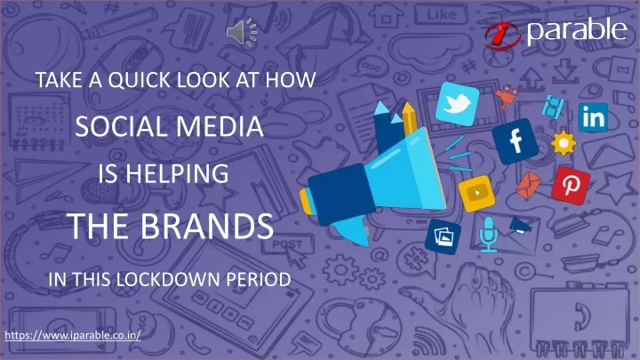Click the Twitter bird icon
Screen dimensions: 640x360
[x=457, y=104]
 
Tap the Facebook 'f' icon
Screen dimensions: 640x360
[x=515, y=141]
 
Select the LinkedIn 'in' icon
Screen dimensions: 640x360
[x=593, y=117]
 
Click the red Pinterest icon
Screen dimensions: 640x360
[x=571, y=185]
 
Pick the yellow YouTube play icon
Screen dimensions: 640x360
[x=476, y=194]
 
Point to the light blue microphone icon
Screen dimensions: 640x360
[x=488, y=235]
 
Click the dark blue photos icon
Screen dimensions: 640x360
[x=443, y=236]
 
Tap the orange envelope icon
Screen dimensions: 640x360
[x=528, y=185]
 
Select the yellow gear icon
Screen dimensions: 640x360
[x=564, y=143]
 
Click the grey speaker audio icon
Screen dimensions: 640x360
[x=242, y=32]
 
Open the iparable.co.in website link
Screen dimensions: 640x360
[x=73, y=335]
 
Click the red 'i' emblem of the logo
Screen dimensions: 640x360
[x=502, y=36]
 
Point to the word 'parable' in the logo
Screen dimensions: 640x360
[x=577, y=31]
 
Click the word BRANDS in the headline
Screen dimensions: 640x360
[x=207, y=226]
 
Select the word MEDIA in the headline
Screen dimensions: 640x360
[x=220, y=126]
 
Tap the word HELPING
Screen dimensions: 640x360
[x=177, y=173]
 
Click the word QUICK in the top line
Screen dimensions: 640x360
[x=140, y=80]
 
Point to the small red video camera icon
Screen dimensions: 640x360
[x=506, y=96]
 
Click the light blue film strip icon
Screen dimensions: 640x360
[x=553, y=106]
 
